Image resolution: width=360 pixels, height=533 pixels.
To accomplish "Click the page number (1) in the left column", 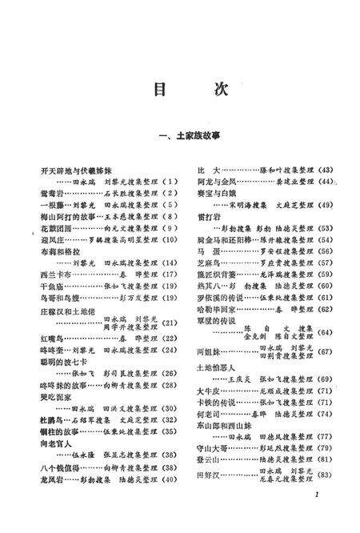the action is tap(170, 182).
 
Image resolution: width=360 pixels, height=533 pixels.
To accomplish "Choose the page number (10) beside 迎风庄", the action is tap(169, 239).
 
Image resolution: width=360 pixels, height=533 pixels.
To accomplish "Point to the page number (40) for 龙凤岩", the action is tap(168, 479).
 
